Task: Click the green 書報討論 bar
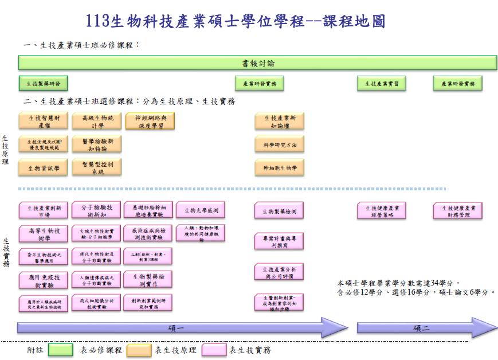click(x=257, y=62)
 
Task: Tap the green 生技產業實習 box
click(x=382, y=83)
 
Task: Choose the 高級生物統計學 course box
click(x=97, y=121)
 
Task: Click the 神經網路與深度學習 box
click(x=150, y=121)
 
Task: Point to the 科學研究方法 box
click(x=279, y=144)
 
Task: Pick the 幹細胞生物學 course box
click(x=279, y=167)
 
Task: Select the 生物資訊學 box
click(x=44, y=167)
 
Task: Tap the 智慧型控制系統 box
click(x=97, y=167)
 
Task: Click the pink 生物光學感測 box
click(x=201, y=210)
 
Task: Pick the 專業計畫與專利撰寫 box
click(x=279, y=241)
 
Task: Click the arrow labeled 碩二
click(x=421, y=327)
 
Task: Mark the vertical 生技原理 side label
click(x=5, y=150)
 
